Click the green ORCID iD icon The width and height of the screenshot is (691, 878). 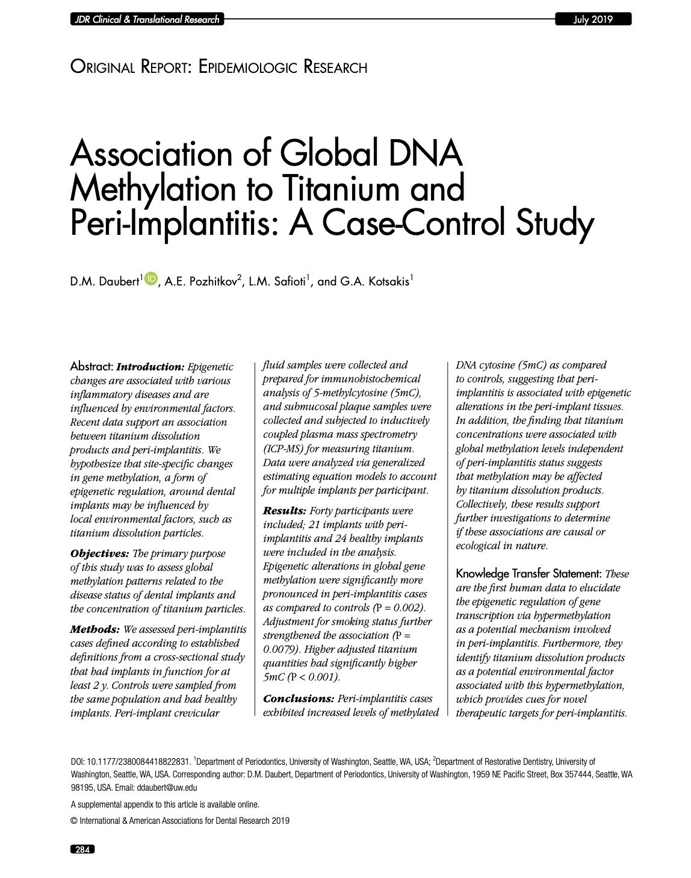150,278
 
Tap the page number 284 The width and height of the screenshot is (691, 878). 82,850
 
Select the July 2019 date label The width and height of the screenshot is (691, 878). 592,19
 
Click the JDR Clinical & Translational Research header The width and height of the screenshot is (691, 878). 147,19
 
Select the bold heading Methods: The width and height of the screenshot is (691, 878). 95,629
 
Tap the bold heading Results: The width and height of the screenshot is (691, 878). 285,511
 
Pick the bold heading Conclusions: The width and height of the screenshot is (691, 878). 299,699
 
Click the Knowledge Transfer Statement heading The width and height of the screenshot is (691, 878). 528,573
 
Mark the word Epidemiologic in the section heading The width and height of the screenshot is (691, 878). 249,67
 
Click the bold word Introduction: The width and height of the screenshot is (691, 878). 150,367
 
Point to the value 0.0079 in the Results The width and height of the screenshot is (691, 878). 280,649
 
